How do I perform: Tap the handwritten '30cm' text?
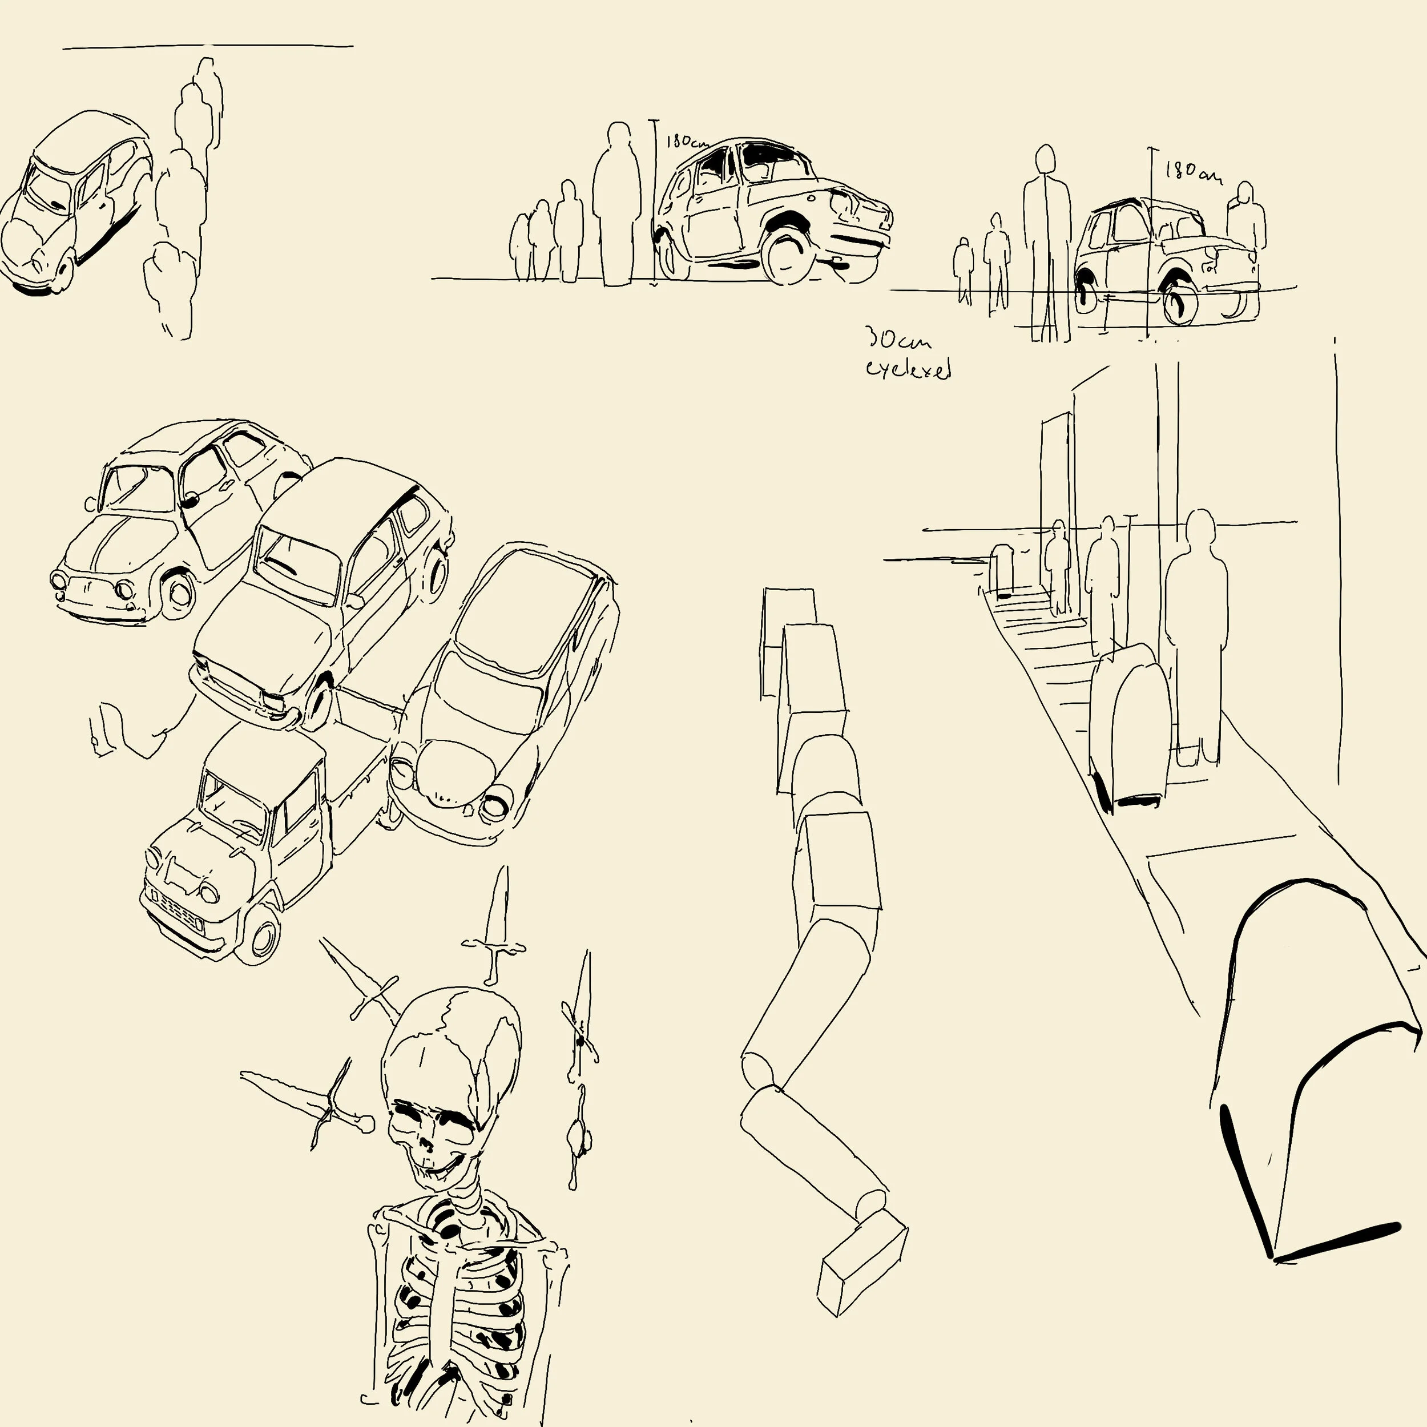pyautogui.click(x=897, y=341)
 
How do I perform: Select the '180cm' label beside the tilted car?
pyautogui.click(x=686, y=142)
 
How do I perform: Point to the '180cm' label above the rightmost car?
pyautogui.click(x=1191, y=172)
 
